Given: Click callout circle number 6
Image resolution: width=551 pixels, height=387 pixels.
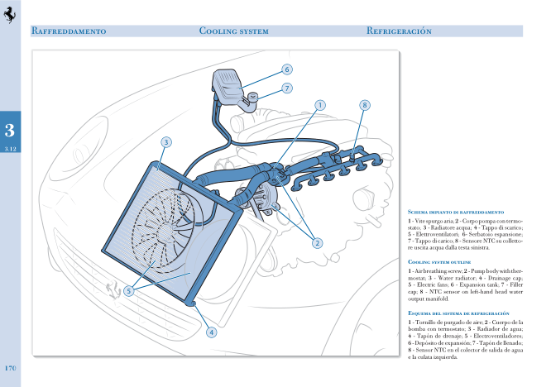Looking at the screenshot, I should (x=286, y=69).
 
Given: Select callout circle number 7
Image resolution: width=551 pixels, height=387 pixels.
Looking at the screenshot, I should (x=286, y=88).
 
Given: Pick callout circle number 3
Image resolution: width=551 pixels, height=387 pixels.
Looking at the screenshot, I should (x=165, y=142).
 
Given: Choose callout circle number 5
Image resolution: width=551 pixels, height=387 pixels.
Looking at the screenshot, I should (x=129, y=290).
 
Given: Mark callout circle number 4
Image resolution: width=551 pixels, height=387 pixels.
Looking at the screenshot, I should (x=211, y=332).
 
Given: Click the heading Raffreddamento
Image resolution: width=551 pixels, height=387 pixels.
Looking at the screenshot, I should (x=68, y=31).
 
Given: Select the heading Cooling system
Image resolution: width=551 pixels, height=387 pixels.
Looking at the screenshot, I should (x=234, y=31).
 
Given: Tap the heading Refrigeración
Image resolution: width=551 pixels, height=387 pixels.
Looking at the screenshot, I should (x=400, y=31).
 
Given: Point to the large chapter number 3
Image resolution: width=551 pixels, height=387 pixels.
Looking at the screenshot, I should (x=9, y=129).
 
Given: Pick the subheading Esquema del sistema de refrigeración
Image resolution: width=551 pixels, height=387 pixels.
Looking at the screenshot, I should (x=458, y=313).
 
